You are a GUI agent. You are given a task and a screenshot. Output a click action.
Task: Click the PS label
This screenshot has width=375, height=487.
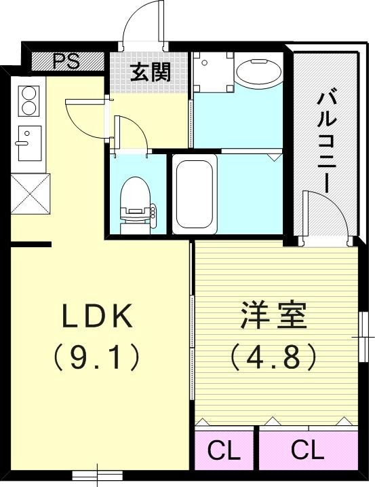click(x=66, y=61)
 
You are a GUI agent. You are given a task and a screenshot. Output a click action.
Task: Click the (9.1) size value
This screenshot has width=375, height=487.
click(x=99, y=355)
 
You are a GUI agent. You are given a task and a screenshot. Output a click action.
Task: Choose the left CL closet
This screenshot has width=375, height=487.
click(x=224, y=450)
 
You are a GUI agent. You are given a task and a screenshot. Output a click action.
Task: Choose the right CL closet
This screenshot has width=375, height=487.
click(x=308, y=450)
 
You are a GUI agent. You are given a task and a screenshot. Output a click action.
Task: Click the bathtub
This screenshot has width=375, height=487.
click(x=194, y=192)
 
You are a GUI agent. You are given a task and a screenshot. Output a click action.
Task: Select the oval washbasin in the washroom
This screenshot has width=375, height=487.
click(x=260, y=72)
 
